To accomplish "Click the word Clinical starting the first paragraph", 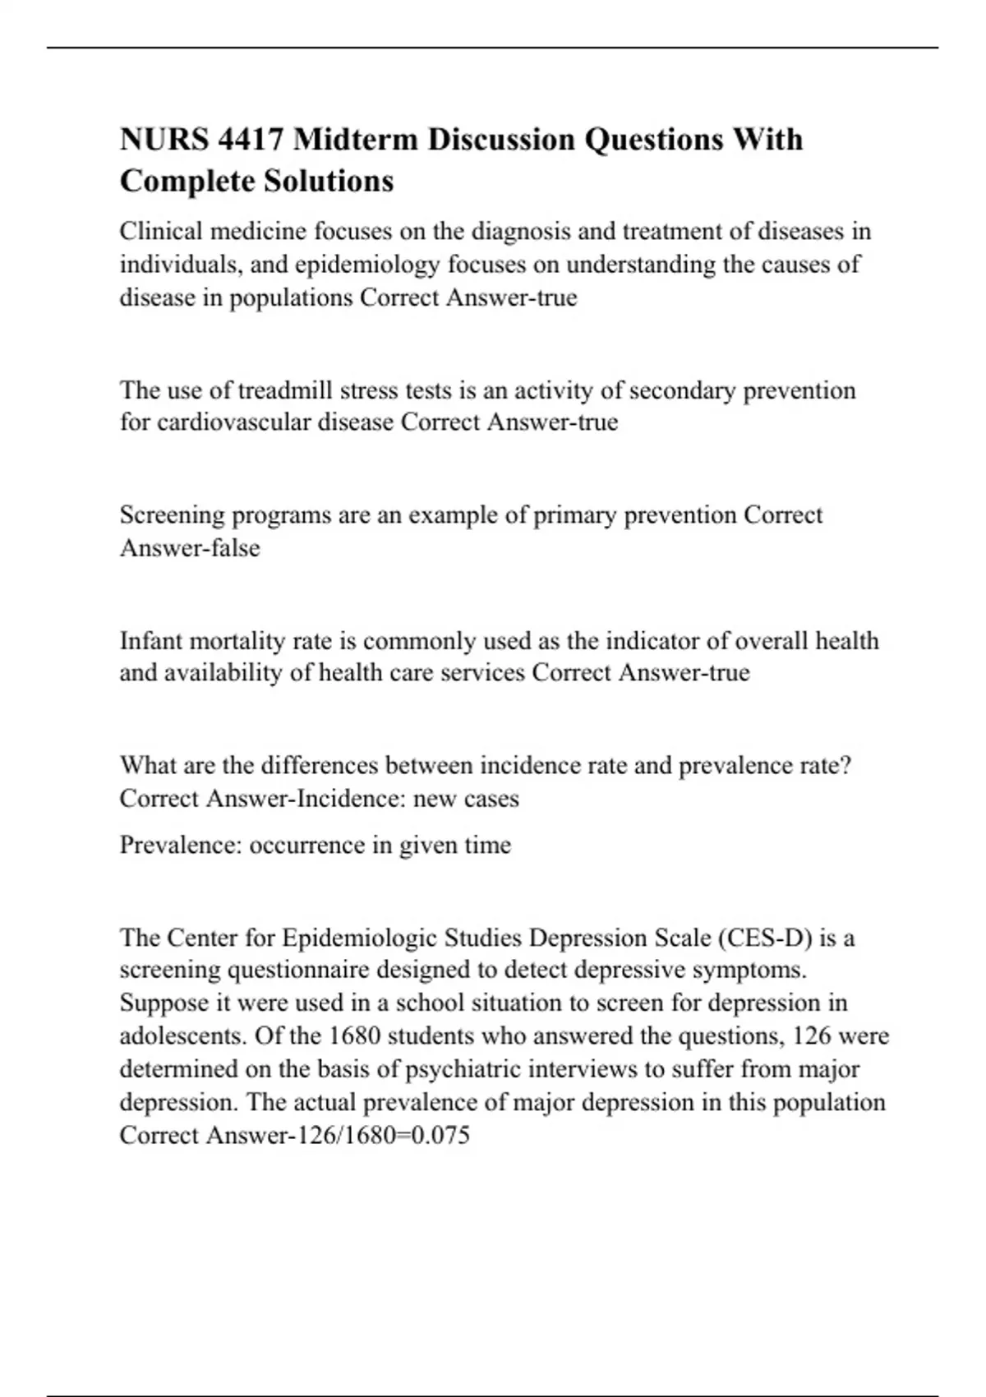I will (x=162, y=232).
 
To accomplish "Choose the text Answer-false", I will (x=190, y=548).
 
